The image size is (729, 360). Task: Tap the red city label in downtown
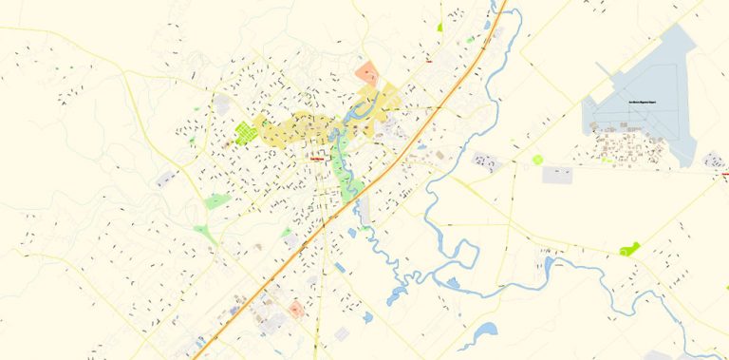click(x=317, y=161)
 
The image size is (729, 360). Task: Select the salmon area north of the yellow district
click(x=367, y=73)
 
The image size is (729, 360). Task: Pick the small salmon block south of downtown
click(x=296, y=309)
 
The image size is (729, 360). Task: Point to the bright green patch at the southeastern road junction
click(x=629, y=249)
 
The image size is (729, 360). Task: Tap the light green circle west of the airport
click(x=537, y=160)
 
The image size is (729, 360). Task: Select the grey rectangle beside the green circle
click(x=557, y=175)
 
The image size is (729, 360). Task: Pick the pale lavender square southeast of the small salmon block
click(x=342, y=333)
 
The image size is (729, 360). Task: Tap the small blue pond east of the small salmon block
click(x=367, y=316)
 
